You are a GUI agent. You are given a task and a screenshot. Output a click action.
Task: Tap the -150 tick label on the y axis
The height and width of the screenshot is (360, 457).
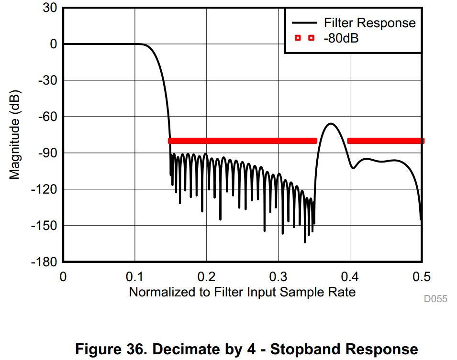(43, 226)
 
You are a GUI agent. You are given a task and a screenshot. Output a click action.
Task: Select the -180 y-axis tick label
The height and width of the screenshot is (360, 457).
(43, 262)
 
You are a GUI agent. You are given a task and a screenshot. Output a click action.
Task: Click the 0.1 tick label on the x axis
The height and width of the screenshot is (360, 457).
(134, 277)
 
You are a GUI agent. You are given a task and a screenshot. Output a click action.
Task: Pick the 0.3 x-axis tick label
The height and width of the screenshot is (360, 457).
(278, 277)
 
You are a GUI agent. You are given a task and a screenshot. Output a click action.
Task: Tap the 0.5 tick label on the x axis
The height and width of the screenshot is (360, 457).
(421, 277)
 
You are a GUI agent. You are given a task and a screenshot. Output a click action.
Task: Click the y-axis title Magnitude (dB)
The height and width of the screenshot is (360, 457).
(15, 135)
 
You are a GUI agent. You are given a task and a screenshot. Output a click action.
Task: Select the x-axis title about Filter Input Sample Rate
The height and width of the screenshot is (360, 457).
(242, 292)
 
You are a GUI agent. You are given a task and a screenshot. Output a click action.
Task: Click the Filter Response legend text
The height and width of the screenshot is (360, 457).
(369, 23)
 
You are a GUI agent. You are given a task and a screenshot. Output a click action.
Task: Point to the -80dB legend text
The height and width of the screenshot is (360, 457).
(341, 38)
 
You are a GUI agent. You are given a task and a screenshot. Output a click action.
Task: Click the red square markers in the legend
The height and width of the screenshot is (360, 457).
(304, 38)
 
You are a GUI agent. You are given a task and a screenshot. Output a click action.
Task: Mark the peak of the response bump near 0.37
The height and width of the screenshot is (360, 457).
(330, 123)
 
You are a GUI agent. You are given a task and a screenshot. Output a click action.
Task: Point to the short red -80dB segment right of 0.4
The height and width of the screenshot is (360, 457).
(386, 141)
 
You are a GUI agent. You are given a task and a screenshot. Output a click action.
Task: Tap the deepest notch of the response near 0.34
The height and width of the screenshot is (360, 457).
(305, 242)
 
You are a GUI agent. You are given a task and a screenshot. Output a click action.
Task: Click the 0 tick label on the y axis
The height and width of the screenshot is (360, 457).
(54, 44)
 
